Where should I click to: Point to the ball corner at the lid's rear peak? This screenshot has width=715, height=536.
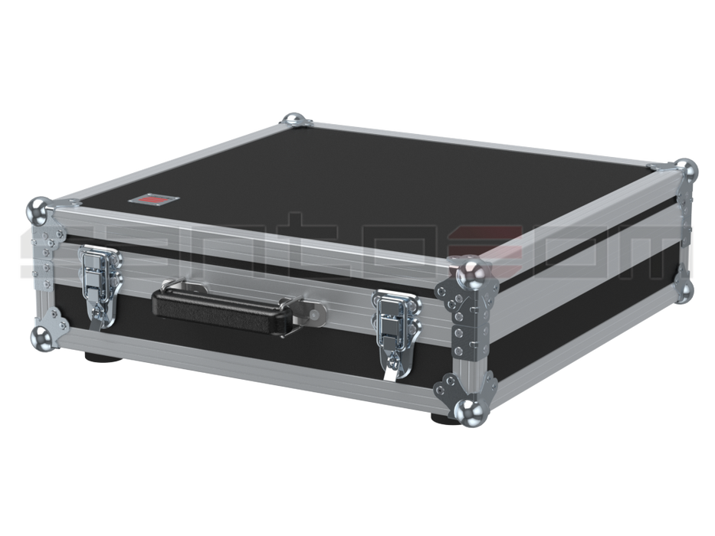coord(293,119)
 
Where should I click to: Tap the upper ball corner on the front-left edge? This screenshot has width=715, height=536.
coord(38,208)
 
